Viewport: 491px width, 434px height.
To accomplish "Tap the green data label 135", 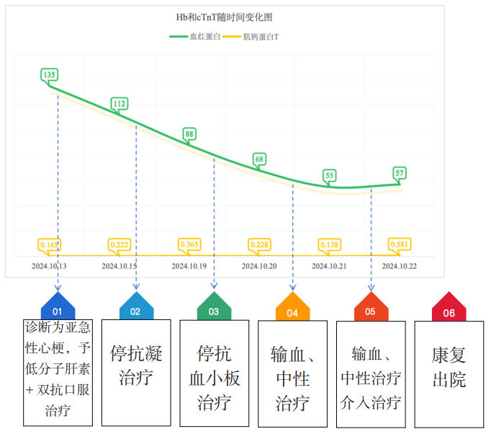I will click(x=50, y=74).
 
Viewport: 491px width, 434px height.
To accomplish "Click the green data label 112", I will click(x=120, y=104).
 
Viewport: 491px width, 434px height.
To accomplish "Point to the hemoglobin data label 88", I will click(x=189, y=133).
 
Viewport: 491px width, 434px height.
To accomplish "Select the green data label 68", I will click(x=260, y=159).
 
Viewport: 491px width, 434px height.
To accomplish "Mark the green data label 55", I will click(x=330, y=175).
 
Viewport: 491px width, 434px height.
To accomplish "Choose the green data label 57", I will click(x=400, y=173).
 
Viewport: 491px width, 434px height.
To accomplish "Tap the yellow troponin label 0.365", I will click(x=189, y=245).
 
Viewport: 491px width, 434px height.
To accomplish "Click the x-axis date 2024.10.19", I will click(x=189, y=266).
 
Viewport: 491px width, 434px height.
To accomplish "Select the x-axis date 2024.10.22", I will click(x=400, y=266).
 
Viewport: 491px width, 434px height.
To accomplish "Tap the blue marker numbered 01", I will click(x=58, y=310).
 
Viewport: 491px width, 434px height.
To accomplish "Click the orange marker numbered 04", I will click(x=292, y=311).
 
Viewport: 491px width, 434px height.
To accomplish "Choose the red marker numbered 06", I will click(x=449, y=311).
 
